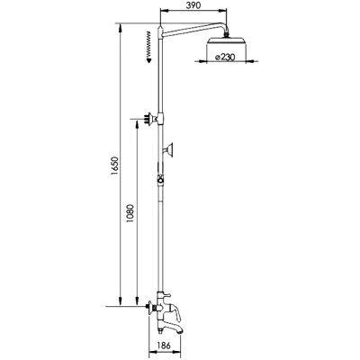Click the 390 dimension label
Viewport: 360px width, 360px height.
193,4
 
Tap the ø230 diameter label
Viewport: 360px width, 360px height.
225,57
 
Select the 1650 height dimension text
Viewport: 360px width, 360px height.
116,167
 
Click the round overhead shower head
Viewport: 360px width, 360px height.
227,42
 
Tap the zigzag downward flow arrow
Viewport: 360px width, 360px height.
148,47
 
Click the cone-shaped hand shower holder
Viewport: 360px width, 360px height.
168,149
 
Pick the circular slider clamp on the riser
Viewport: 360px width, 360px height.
161,180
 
